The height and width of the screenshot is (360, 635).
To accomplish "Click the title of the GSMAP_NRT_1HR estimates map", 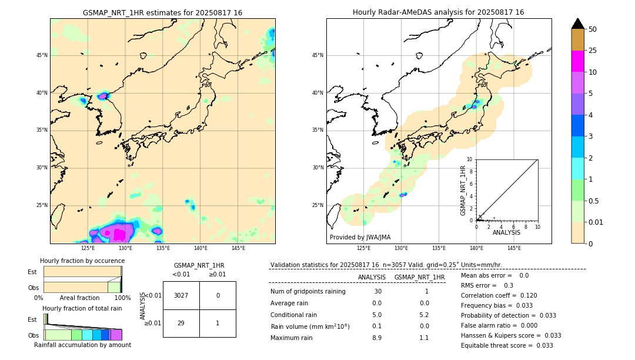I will tap(162, 12).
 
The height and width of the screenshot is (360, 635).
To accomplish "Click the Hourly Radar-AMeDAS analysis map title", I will tap(438, 12).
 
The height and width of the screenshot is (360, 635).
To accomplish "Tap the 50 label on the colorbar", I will tap(593, 29).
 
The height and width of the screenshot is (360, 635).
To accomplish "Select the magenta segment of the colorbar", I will tap(577, 61).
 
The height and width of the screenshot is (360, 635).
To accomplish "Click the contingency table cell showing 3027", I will tap(181, 295).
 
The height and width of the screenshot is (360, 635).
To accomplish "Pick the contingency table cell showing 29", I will tap(181, 324).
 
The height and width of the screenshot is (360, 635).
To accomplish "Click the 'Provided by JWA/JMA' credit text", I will tap(360, 238).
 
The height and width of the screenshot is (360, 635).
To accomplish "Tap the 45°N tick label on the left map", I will tap(42, 55).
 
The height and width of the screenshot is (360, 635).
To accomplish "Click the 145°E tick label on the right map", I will tap(514, 248).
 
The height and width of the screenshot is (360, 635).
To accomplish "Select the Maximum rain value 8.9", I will tap(376, 338).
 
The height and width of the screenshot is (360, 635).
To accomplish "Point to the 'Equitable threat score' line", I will tap(507, 345).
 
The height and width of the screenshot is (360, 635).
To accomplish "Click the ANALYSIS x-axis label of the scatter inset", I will tap(506, 233).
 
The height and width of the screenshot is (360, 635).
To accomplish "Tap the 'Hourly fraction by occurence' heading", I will tap(82, 261).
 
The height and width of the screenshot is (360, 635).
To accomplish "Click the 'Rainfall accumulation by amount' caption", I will tap(82, 345).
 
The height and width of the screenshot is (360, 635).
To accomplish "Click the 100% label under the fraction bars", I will tap(122, 298).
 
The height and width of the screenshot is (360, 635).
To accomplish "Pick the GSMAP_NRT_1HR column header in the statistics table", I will tap(419, 277).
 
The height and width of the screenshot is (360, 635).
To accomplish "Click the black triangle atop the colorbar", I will tap(577, 24).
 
